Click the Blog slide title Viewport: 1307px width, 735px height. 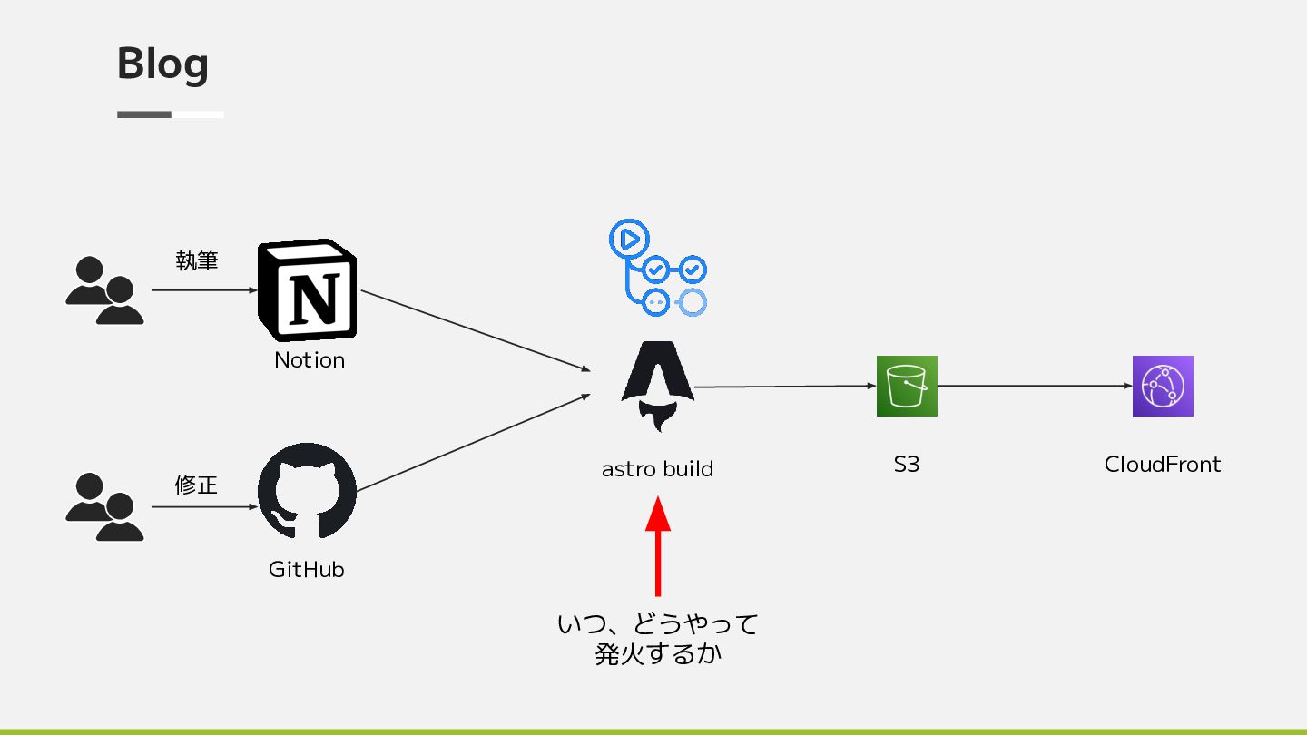click(162, 64)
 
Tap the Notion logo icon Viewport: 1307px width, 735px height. click(308, 290)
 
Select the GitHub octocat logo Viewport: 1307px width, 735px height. click(308, 491)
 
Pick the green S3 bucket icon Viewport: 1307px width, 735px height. click(907, 386)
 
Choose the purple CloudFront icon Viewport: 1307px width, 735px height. click(1163, 386)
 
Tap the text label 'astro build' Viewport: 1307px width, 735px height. click(657, 469)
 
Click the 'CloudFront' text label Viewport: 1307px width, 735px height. click(1163, 465)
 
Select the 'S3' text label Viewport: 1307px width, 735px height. click(906, 465)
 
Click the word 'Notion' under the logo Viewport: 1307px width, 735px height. click(310, 360)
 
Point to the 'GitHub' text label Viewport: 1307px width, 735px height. click(307, 570)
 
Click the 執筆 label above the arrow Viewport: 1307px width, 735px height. click(197, 261)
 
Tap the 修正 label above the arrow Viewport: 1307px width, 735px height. click(196, 485)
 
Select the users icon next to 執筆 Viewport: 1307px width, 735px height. click(104, 290)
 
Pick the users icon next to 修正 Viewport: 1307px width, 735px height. click(104, 507)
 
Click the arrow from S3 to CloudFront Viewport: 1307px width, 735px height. click(1035, 386)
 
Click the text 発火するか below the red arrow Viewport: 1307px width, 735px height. click(658, 654)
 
